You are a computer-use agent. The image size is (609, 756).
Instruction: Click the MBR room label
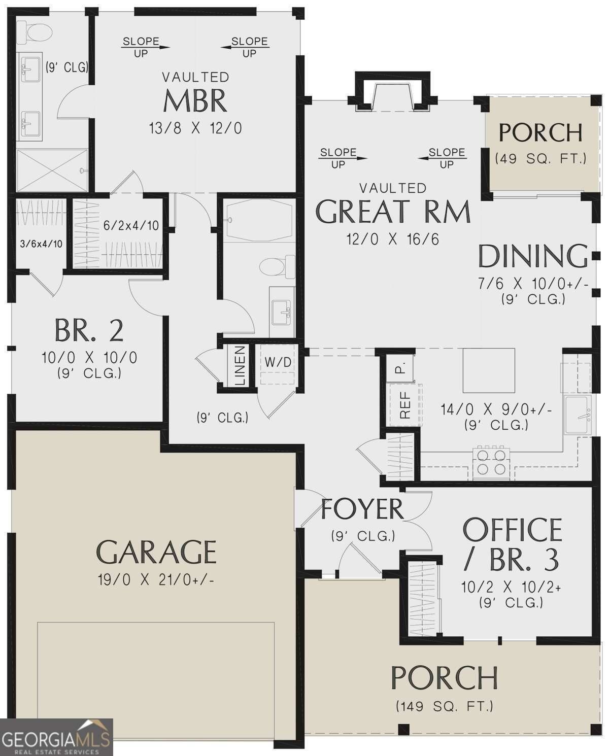point(195,100)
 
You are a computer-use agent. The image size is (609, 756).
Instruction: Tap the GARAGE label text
point(156,552)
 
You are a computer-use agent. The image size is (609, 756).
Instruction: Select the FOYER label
point(362,509)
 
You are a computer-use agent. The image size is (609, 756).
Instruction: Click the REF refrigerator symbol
point(405,405)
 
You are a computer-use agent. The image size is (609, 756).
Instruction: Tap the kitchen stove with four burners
point(491,462)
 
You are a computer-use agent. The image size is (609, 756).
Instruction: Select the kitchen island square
point(488,367)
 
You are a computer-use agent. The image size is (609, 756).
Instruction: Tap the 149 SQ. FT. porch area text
point(444,706)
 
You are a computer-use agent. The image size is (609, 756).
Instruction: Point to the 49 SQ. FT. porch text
point(540,159)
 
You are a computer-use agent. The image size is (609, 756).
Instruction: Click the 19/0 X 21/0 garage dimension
point(156,579)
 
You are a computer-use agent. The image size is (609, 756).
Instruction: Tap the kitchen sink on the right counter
point(578,416)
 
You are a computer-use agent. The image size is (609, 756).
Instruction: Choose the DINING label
point(533,256)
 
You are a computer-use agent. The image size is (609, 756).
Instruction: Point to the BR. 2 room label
point(89,331)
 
